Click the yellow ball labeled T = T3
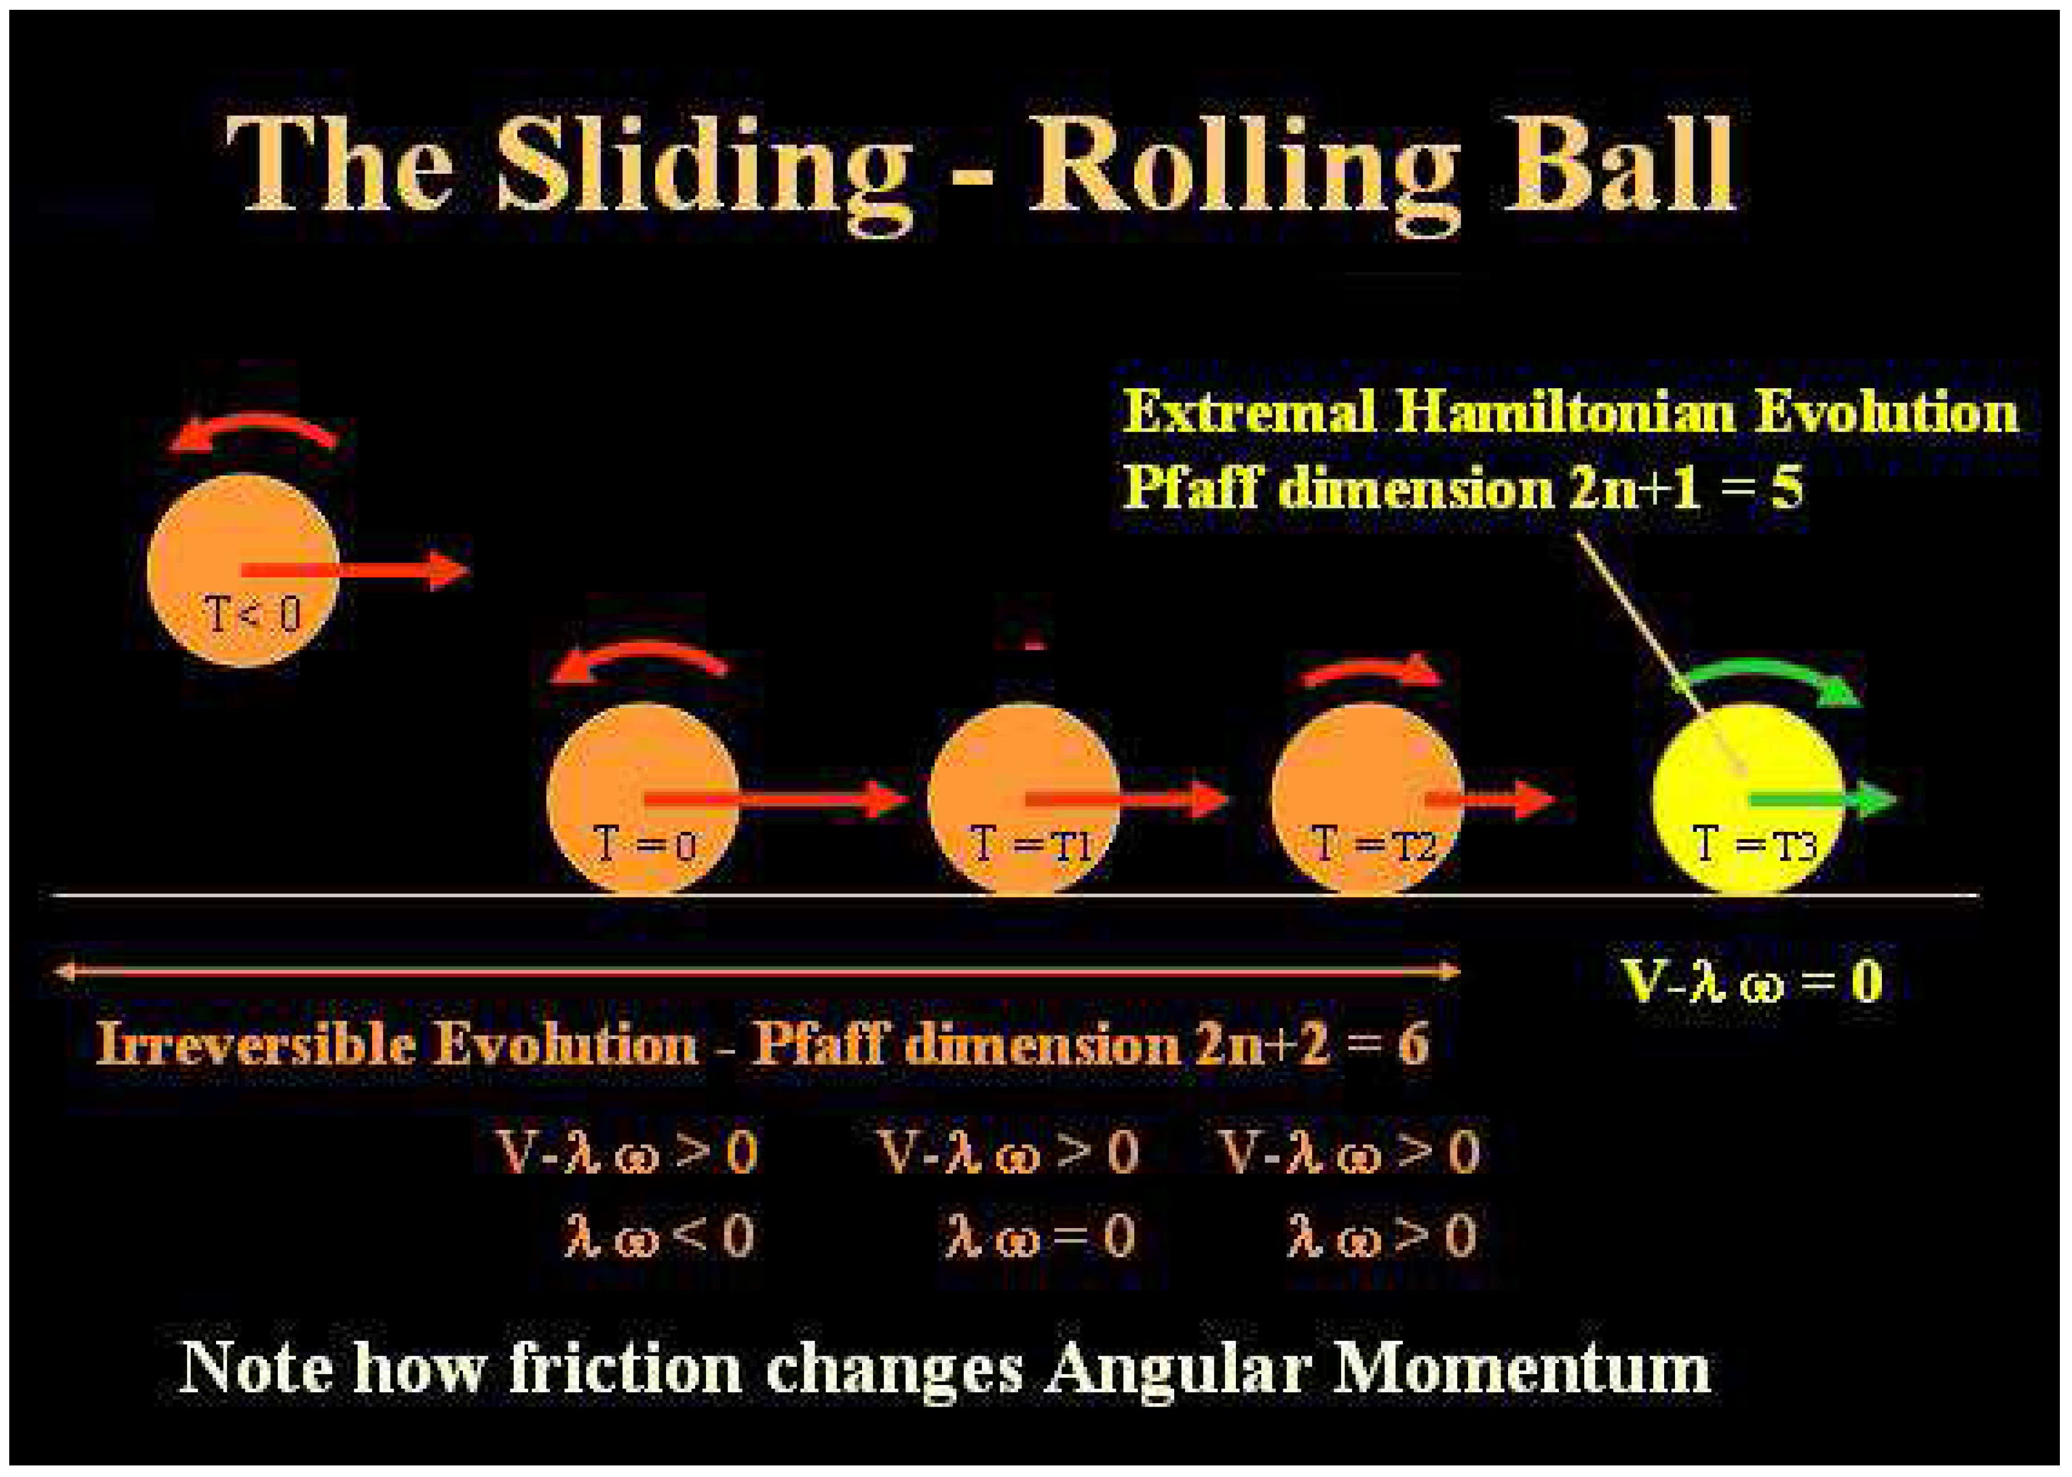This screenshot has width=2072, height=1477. [1746, 801]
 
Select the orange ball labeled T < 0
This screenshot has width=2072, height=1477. [243, 571]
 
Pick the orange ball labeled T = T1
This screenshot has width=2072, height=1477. [1023, 801]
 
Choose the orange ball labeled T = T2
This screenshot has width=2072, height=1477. [1366, 801]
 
